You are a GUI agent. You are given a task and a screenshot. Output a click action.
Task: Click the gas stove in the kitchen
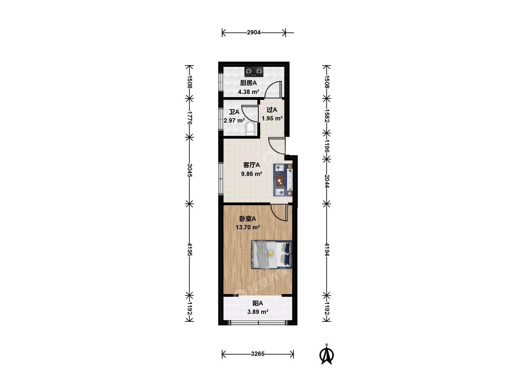tap(254, 72)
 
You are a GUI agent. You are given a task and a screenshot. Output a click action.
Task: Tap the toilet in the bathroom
tap(250, 129)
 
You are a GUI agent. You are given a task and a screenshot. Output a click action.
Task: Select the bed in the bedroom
tap(272, 254)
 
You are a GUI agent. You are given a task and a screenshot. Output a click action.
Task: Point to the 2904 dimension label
tap(254, 32)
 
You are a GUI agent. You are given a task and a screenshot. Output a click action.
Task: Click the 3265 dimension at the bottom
tap(258, 354)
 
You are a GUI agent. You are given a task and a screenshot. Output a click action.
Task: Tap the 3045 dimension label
tap(190, 170)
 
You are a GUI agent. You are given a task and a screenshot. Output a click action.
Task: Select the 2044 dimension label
tap(327, 181)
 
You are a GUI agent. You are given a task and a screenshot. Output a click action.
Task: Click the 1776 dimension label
tap(190, 118)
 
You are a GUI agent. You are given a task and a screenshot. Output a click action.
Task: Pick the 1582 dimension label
tap(327, 116)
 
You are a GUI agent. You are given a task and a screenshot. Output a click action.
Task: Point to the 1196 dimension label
tap(327, 146)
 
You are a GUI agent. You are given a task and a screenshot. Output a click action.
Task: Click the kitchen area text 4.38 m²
tap(248, 92)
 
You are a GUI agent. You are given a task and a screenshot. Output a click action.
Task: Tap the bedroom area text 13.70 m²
tap(248, 227)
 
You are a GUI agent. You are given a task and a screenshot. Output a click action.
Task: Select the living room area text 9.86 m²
tap(252, 174)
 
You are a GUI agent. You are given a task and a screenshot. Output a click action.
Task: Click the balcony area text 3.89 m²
tap(258, 312)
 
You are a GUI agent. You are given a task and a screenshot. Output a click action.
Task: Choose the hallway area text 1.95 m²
tap(272, 118)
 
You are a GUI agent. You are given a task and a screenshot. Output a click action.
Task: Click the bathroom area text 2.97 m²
tap(234, 120)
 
